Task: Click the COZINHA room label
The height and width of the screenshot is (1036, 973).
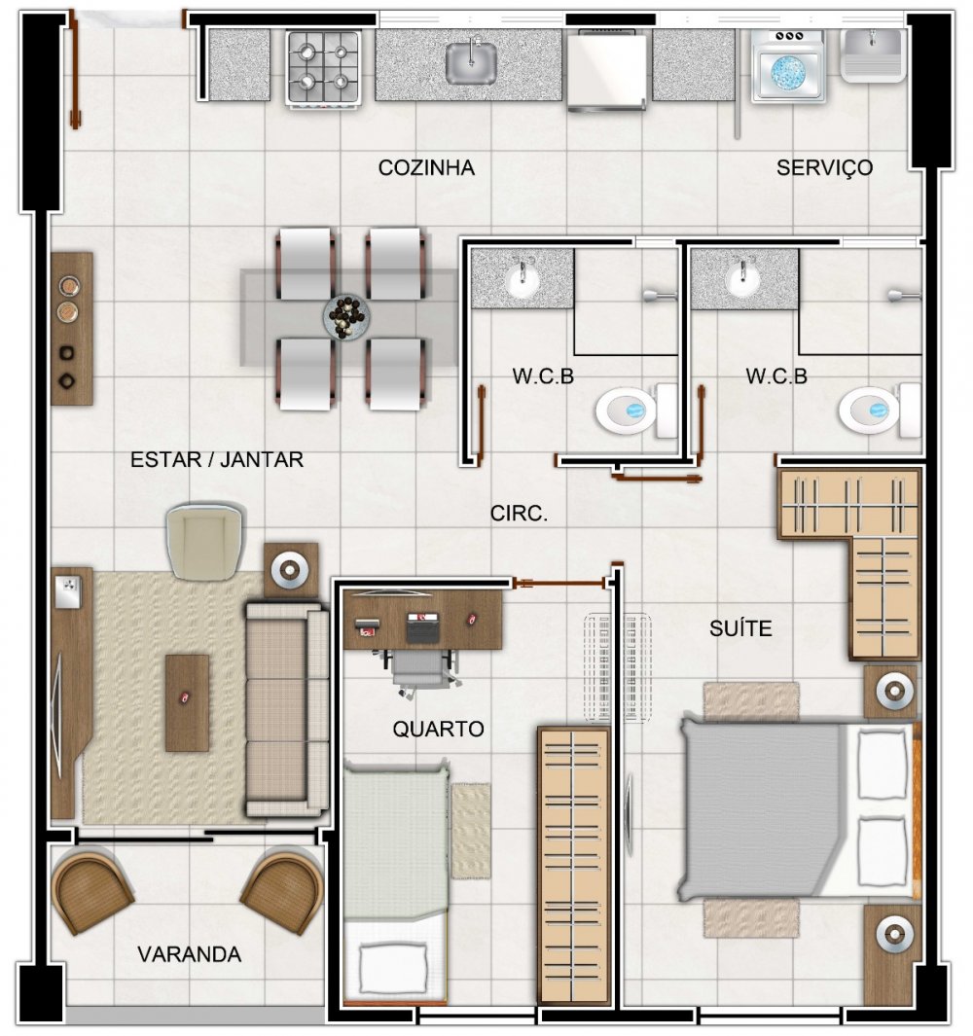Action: tap(426, 168)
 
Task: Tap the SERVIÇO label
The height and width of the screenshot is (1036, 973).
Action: tap(824, 168)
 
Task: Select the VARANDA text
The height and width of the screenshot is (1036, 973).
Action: tap(189, 954)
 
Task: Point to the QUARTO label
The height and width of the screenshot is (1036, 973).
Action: tap(438, 729)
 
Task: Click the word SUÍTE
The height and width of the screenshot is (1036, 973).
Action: tap(740, 627)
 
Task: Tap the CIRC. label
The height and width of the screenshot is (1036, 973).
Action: tap(519, 514)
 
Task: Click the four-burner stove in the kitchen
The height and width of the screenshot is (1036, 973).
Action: tap(323, 67)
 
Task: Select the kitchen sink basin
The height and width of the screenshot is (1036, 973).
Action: tap(471, 63)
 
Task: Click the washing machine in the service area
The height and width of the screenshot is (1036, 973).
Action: tap(788, 66)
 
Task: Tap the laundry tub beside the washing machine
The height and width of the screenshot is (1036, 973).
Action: tap(873, 54)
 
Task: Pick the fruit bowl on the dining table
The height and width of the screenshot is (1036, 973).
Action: tap(345, 316)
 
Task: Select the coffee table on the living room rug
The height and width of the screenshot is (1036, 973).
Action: tap(187, 703)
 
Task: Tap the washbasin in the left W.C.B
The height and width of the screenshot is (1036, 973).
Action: tap(523, 281)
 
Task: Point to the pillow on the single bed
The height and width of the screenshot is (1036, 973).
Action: tap(393, 967)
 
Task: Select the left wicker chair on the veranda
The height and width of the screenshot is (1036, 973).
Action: tap(91, 891)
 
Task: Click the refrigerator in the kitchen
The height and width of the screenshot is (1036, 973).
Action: tap(607, 70)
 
